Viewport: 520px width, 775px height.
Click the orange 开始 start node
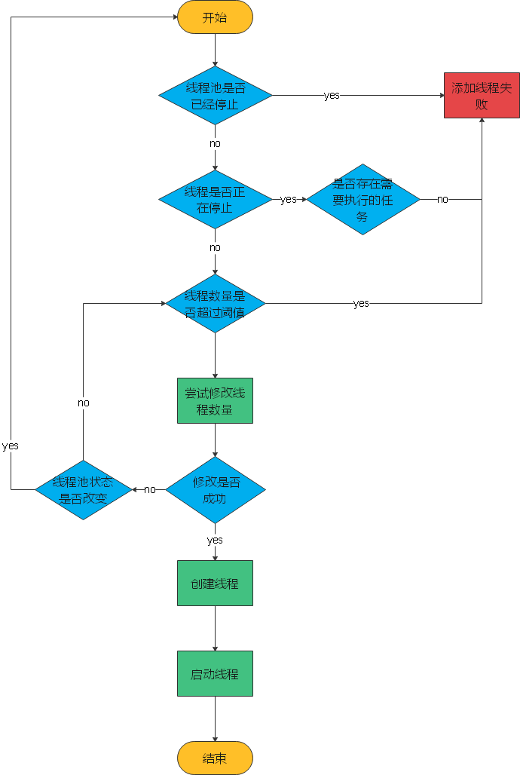click(x=215, y=18)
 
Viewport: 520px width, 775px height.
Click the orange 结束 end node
click(x=215, y=758)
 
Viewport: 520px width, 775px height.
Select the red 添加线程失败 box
click(x=481, y=96)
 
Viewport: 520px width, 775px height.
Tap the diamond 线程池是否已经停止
click(x=215, y=96)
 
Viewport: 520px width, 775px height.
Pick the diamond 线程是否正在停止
click(x=215, y=199)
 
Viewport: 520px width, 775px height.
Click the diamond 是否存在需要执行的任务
click(x=362, y=199)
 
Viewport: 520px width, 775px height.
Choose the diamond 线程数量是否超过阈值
click(x=215, y=304)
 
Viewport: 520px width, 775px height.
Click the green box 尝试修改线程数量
click(x=215, y=401)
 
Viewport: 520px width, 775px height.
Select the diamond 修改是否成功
click(x=215, y=490)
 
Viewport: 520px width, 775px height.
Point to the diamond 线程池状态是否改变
click(x=84, y=490)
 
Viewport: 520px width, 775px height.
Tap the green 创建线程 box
click(x=215, y=583)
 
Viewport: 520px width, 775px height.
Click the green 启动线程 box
click(x=215, y=673)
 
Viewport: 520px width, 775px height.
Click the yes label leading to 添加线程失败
click(x=332, y=96)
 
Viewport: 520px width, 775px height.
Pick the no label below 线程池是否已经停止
click(x=215, y=143)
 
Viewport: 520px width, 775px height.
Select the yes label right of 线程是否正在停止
click(x=288, y=200)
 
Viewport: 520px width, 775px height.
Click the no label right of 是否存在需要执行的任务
click(x=442, y=200)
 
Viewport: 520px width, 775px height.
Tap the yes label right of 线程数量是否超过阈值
click(x=361, y=304)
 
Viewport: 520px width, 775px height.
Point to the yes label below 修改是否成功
click(x=215, y=541)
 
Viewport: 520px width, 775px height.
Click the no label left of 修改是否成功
click(x=150, y=490)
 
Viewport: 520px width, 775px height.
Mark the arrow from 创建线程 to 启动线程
click(x=215, y=628)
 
